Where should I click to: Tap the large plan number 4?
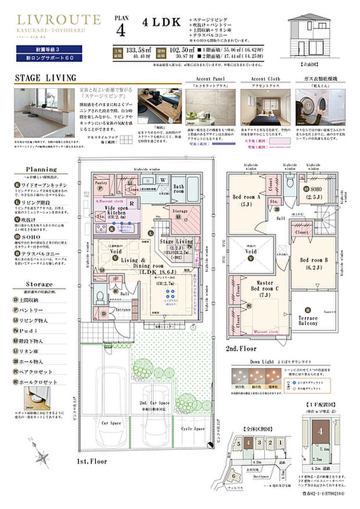120,30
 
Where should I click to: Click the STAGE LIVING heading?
45,78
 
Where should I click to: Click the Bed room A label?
246,199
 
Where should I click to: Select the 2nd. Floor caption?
241,349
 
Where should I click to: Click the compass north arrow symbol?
42,453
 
